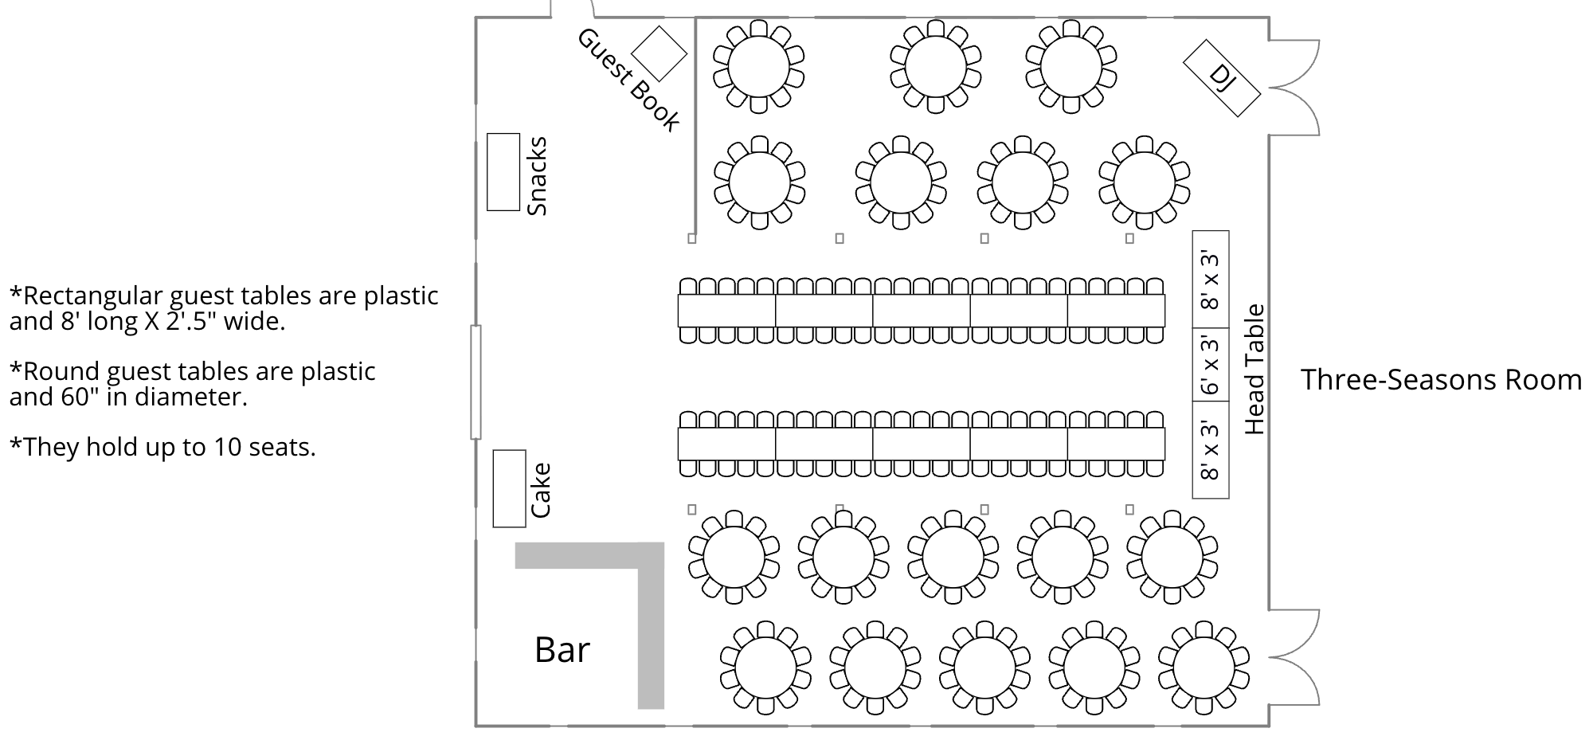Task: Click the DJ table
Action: click(x=1221, y=78)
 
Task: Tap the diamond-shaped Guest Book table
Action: click(x=659, y=53)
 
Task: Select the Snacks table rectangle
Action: click(x=503, y=172)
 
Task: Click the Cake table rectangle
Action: click(x=509, y=488)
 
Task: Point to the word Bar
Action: click(x=562, y=650)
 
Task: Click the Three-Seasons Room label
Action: click(x=1441, y=380)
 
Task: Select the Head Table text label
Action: click(x=1254, y=370)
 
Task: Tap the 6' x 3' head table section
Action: click(x=1210, y=366)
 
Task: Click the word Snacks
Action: click(x=538, y=176)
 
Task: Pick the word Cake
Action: click(x=541, y=490)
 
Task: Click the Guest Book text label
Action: click(x=628, y=80)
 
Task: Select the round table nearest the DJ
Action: click(x=1070, y=67)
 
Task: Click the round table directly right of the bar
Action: click(x=734, y=557)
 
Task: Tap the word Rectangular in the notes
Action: click(x=96, y=296)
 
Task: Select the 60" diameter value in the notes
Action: click(x=79, y=397)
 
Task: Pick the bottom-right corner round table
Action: click(x=1203, y=668)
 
